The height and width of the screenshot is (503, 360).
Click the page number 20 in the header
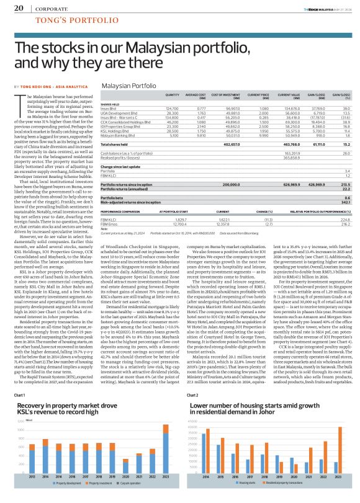(x=19, y=8)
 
